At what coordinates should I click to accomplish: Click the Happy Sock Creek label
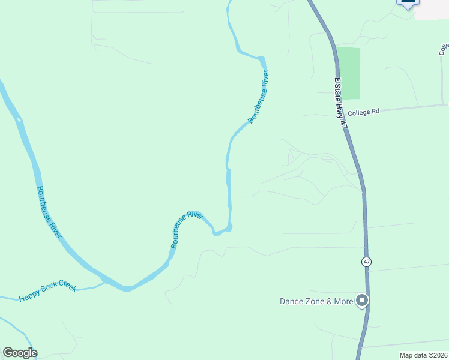click(x=47, y=292)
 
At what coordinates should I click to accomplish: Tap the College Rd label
click(x=364, y=112)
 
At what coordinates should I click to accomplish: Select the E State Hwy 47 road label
click(x=340, y=103)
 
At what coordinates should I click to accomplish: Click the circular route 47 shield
click(x=366, y=262)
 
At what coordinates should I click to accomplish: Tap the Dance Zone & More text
click(x=316, y=301)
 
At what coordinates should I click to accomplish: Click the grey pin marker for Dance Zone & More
click(x=362, y=300)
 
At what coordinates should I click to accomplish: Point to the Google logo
click(x=20, y=353)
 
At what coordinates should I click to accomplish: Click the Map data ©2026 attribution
click(x=423, y=355)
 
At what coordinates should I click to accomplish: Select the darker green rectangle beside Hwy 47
click(x=348, y=73)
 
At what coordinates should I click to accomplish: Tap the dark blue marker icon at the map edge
click(x=408, y=3)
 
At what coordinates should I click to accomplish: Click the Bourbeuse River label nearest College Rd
click(x=259, y=97)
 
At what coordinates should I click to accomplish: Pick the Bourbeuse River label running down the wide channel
click(x=49, y=213)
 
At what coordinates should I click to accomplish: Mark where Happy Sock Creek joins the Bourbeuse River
click(x=103, y=282)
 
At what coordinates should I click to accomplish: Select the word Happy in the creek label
click(x=28, y=296)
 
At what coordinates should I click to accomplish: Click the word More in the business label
click(x=343, y=301)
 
